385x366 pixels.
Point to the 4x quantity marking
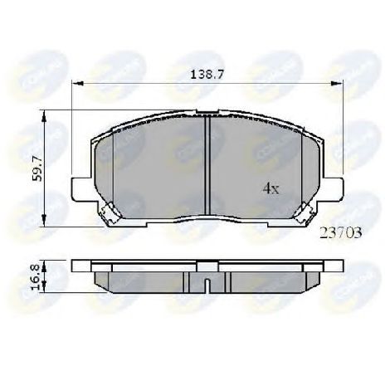click(x=271, y=189)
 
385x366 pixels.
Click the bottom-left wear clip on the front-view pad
click(x=105, y=217)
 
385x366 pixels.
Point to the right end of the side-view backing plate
click(x=338, y=267)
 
